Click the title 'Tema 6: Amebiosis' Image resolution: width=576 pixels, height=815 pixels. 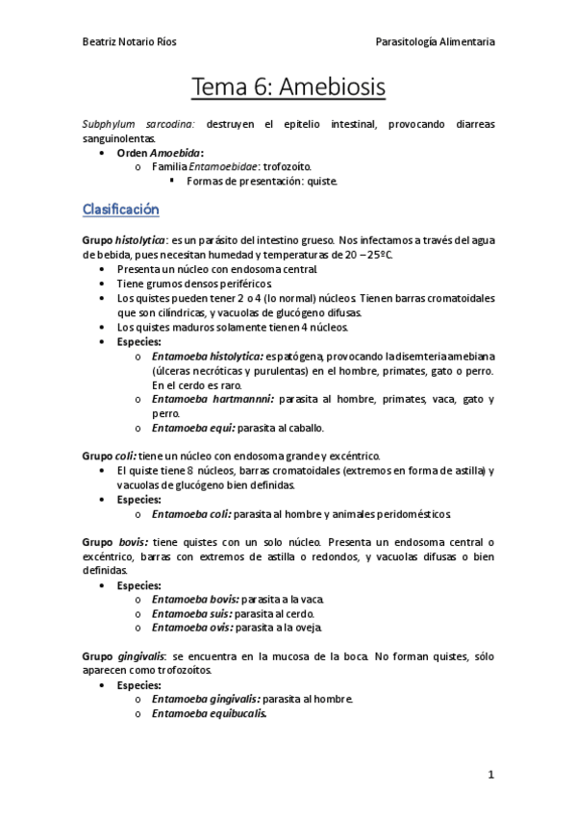coord(288,87)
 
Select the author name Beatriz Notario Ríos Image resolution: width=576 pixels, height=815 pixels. coord(130,41)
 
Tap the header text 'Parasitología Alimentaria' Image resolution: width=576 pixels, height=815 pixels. coord(436,41)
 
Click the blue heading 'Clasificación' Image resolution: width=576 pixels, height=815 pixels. coord(121,210)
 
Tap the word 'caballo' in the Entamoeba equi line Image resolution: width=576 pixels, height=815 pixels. coord(305,428)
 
